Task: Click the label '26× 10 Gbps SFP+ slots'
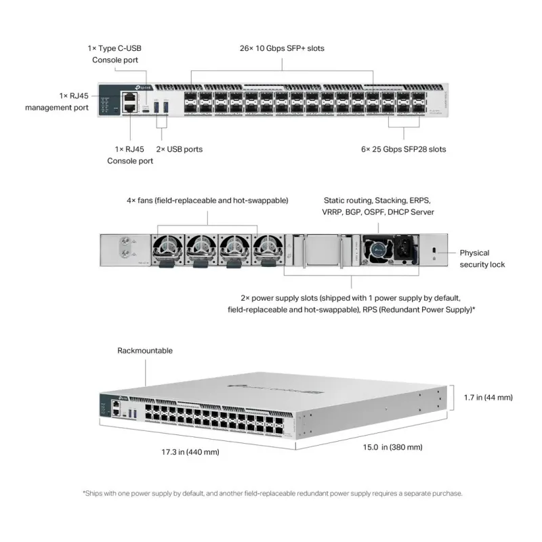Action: click(x=282, y=49)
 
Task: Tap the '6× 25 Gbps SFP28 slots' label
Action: click(x=404, y=149)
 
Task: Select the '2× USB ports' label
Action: click(x=180, y=149)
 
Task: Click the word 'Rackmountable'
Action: click(x=145, y=351)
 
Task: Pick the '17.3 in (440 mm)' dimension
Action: click(x=190, y=451)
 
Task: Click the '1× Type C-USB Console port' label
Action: click(x=114, y=54)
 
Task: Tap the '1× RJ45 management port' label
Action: click(x=57, y=102)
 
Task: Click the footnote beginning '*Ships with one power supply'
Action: click(x=272, y=493)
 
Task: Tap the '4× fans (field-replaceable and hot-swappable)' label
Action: click(x=207, y=201)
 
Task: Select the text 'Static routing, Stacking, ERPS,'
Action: click(x=377, y=201)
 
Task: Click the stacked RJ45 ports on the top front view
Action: click(x=129, y=102)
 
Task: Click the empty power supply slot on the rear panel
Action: click(x=322, y=250)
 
